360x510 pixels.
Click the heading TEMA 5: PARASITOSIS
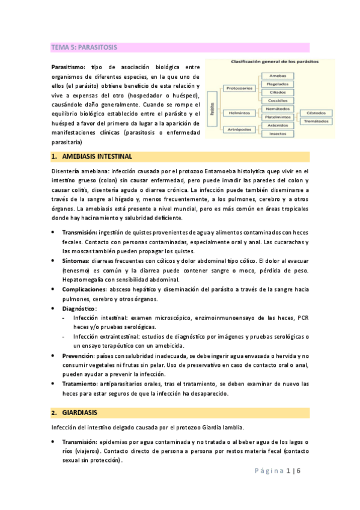84,47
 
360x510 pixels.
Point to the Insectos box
278,134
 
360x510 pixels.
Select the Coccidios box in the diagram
278,100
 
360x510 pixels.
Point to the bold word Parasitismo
68,67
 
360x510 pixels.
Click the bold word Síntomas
75,261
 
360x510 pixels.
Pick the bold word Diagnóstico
79,308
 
